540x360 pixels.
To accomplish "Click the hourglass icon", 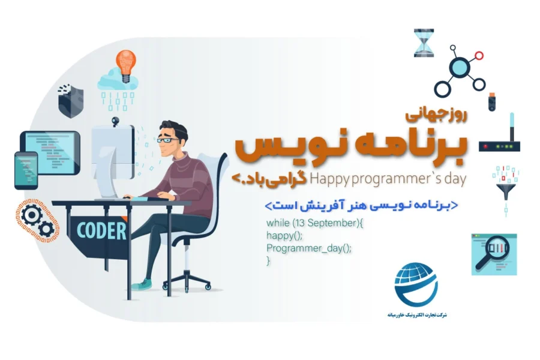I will (424, 43).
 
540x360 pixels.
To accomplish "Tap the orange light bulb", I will (125, 64).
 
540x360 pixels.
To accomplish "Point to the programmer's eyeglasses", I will (167, 140).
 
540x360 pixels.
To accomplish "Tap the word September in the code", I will (331, 223).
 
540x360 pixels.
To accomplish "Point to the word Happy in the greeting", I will (325, 178).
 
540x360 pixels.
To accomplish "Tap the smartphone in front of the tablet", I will (26, 170).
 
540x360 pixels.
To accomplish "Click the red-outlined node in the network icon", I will (478, 56).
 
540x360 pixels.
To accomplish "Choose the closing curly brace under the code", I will (269, 261).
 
